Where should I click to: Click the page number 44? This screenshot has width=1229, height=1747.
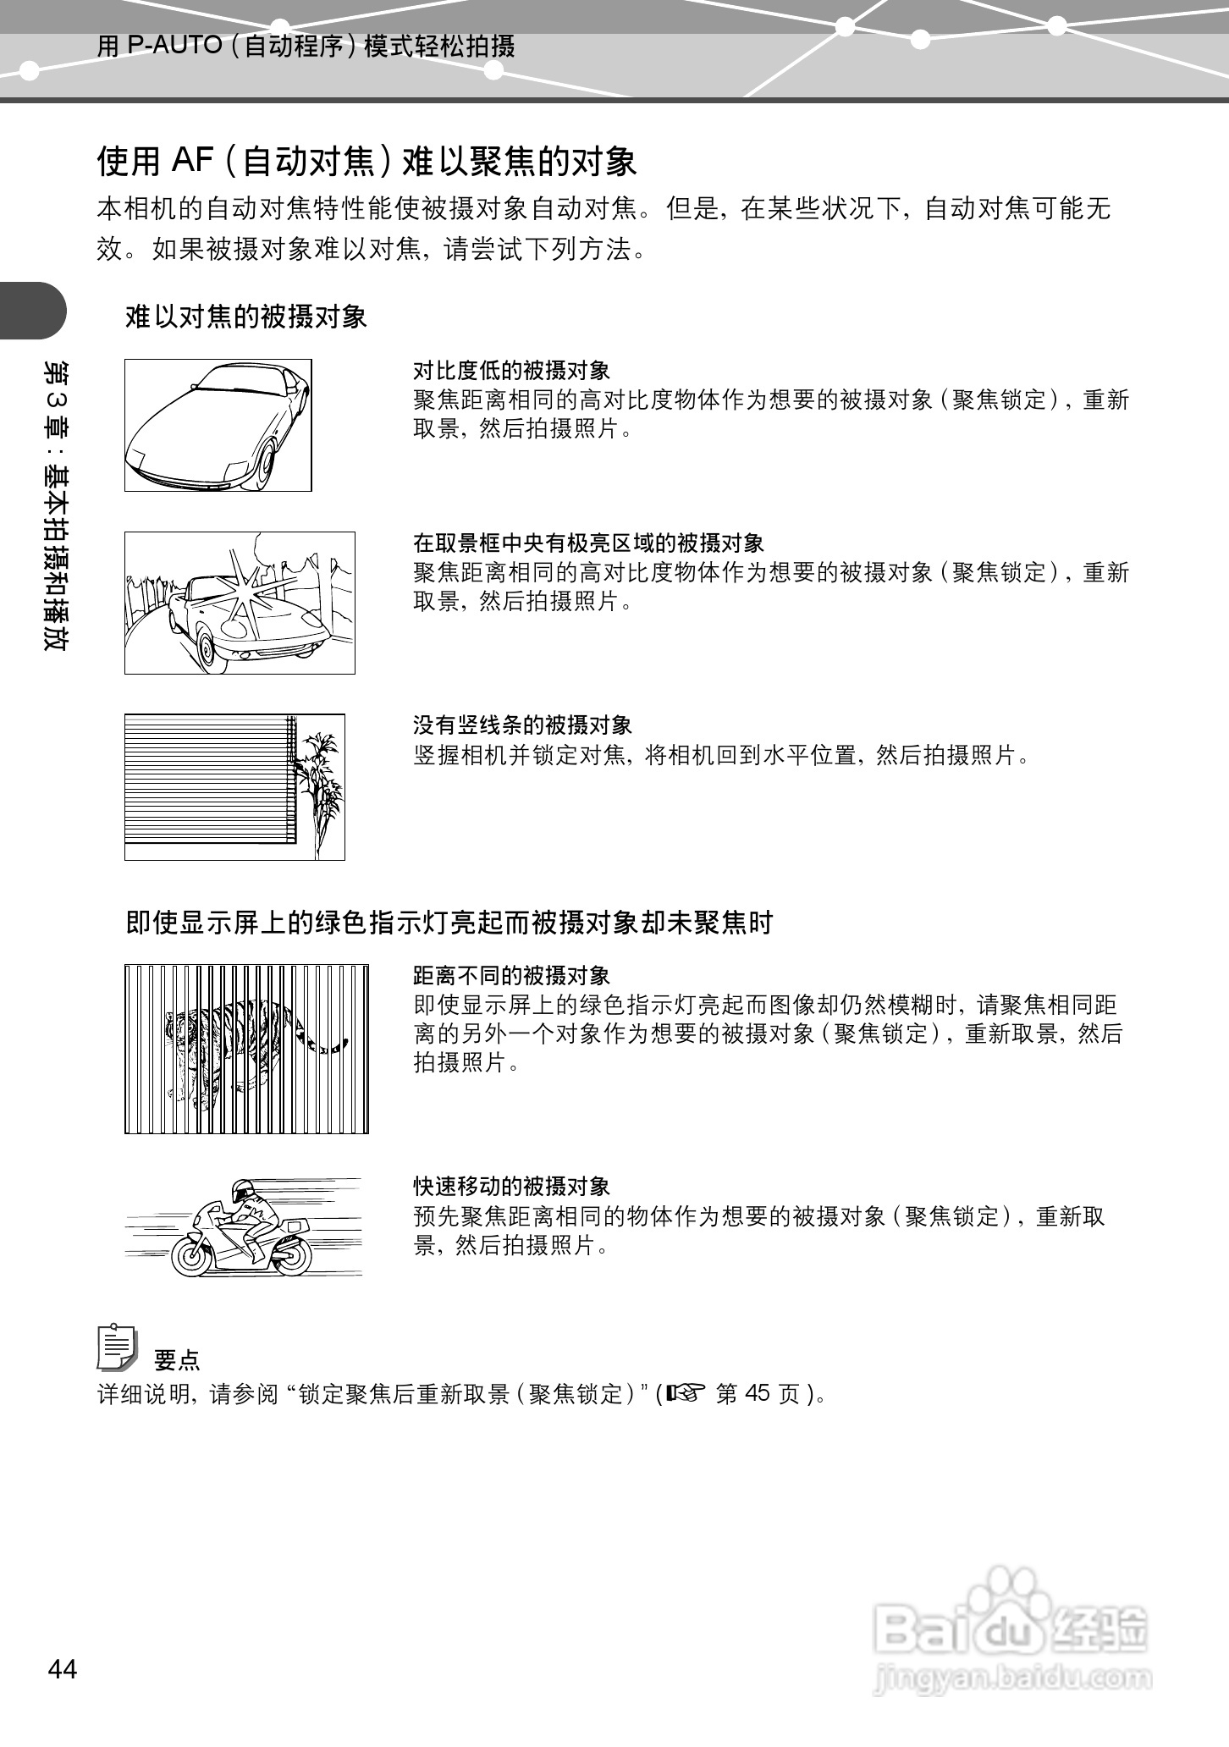pyautogui.click(x=63, y=1669)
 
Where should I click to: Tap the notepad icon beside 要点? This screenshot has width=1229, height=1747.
pyautogui.click(x=117, y=1347)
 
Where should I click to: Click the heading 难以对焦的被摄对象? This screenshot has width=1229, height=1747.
pyautogui.click(x=246, y=317)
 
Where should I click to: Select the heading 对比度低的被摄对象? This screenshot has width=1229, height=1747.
pyautogui.click(x=511, y=370)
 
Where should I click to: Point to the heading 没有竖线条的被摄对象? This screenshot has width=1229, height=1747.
pyautogui.click(x=522, y=725)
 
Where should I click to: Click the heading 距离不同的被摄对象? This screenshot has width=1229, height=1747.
pyautogui.click(x=511, y=976)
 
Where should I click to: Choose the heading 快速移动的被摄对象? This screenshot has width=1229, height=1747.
pyautogui.click(x=511, y=1186)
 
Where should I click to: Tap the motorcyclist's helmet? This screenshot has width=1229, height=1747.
pyautogui.click(x=242, y=1192)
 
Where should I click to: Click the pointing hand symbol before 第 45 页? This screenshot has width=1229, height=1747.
pyautogui.click(x=685, y=1392)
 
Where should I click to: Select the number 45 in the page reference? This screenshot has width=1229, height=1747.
pyautogui.click(x=758, y=1392)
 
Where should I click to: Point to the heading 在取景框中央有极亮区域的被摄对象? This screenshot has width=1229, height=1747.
pyautogui.click(x=588, y=543)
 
